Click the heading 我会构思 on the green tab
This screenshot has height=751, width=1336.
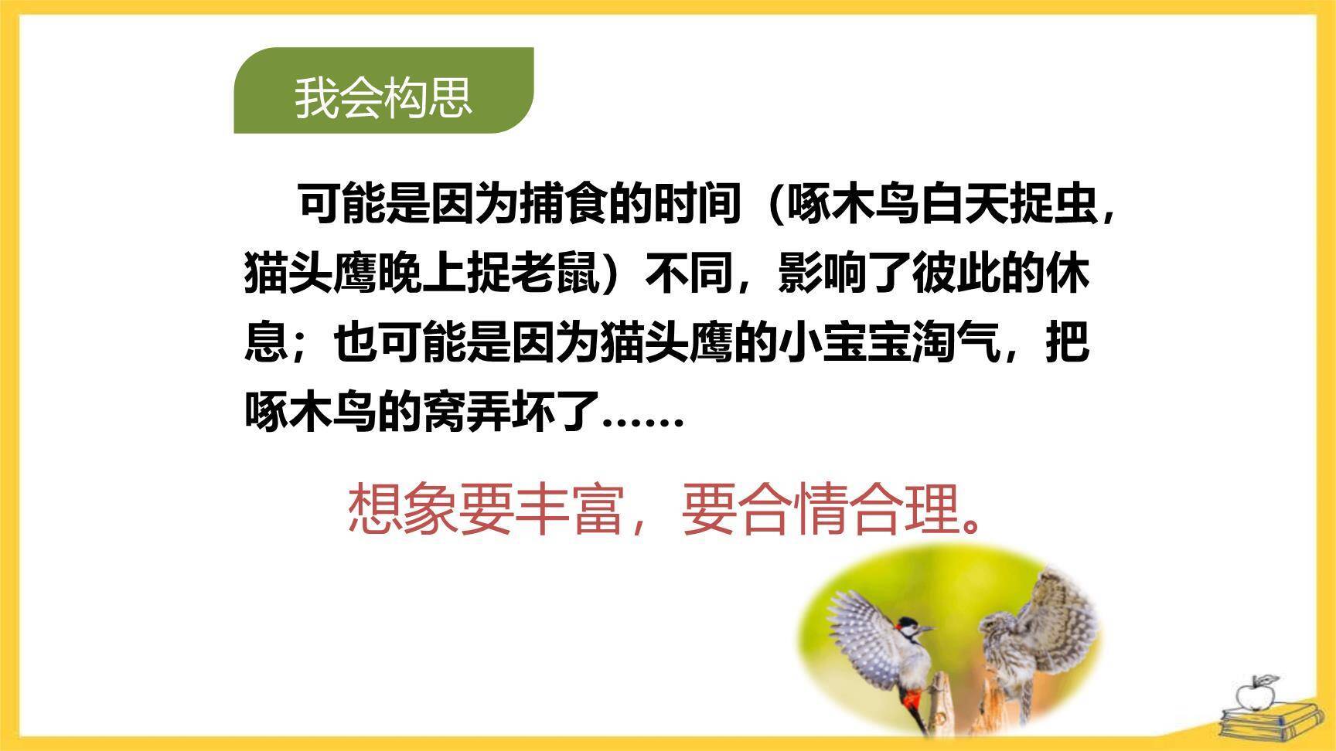[383, 97]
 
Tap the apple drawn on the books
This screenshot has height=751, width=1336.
[1254, 695]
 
